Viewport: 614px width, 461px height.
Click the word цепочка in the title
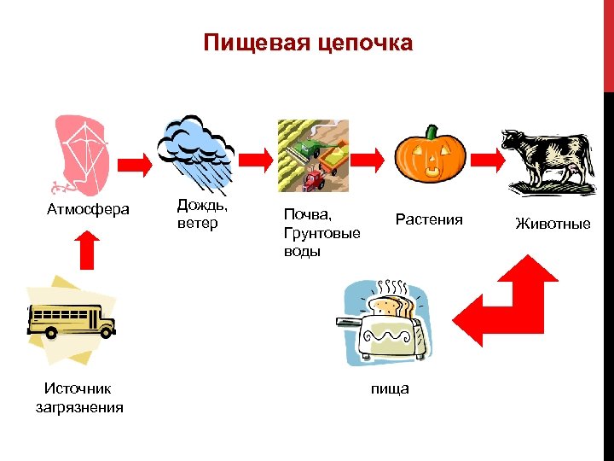click(364, 44)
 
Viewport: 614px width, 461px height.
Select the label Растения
click(429, 219)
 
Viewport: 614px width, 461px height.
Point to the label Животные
click(553, 224)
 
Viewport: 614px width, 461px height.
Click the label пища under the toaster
click(390, 388)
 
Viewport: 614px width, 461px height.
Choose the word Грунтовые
click(322, 233)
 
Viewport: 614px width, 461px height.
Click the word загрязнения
click(79, 407)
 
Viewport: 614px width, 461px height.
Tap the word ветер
click(198, 223)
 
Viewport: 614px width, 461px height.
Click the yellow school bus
click(71, 319)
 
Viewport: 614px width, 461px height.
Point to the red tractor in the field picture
click(316, 178)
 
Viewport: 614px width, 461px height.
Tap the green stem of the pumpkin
click(432, 131)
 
